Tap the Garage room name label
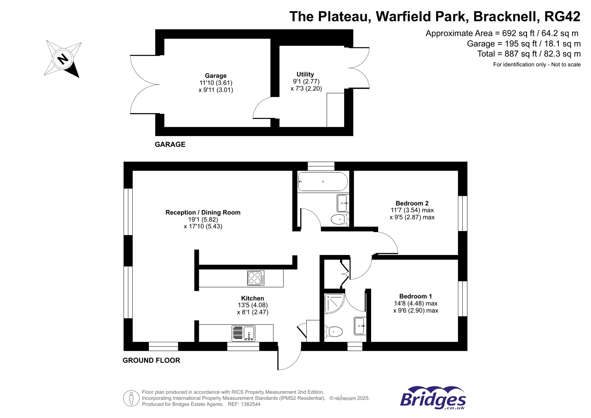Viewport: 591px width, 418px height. coord(215,76)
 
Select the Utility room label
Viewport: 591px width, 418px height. coord(305,74)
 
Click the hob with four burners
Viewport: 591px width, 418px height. coord(256,278)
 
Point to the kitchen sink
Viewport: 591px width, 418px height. coord(244,333)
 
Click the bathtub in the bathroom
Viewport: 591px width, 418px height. coord(323,181)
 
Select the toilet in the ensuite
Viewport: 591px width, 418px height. coord(334,332)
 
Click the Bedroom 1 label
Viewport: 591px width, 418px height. coord(415,296)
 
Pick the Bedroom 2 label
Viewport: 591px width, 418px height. coord(412,203)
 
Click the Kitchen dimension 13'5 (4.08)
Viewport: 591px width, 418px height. coord(252,305)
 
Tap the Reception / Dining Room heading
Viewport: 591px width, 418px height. coord(203,213)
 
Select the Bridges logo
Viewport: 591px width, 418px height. coord(433,398)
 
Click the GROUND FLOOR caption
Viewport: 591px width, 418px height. coord(151,360)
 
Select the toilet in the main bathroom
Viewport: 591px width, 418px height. coord(339,220)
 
